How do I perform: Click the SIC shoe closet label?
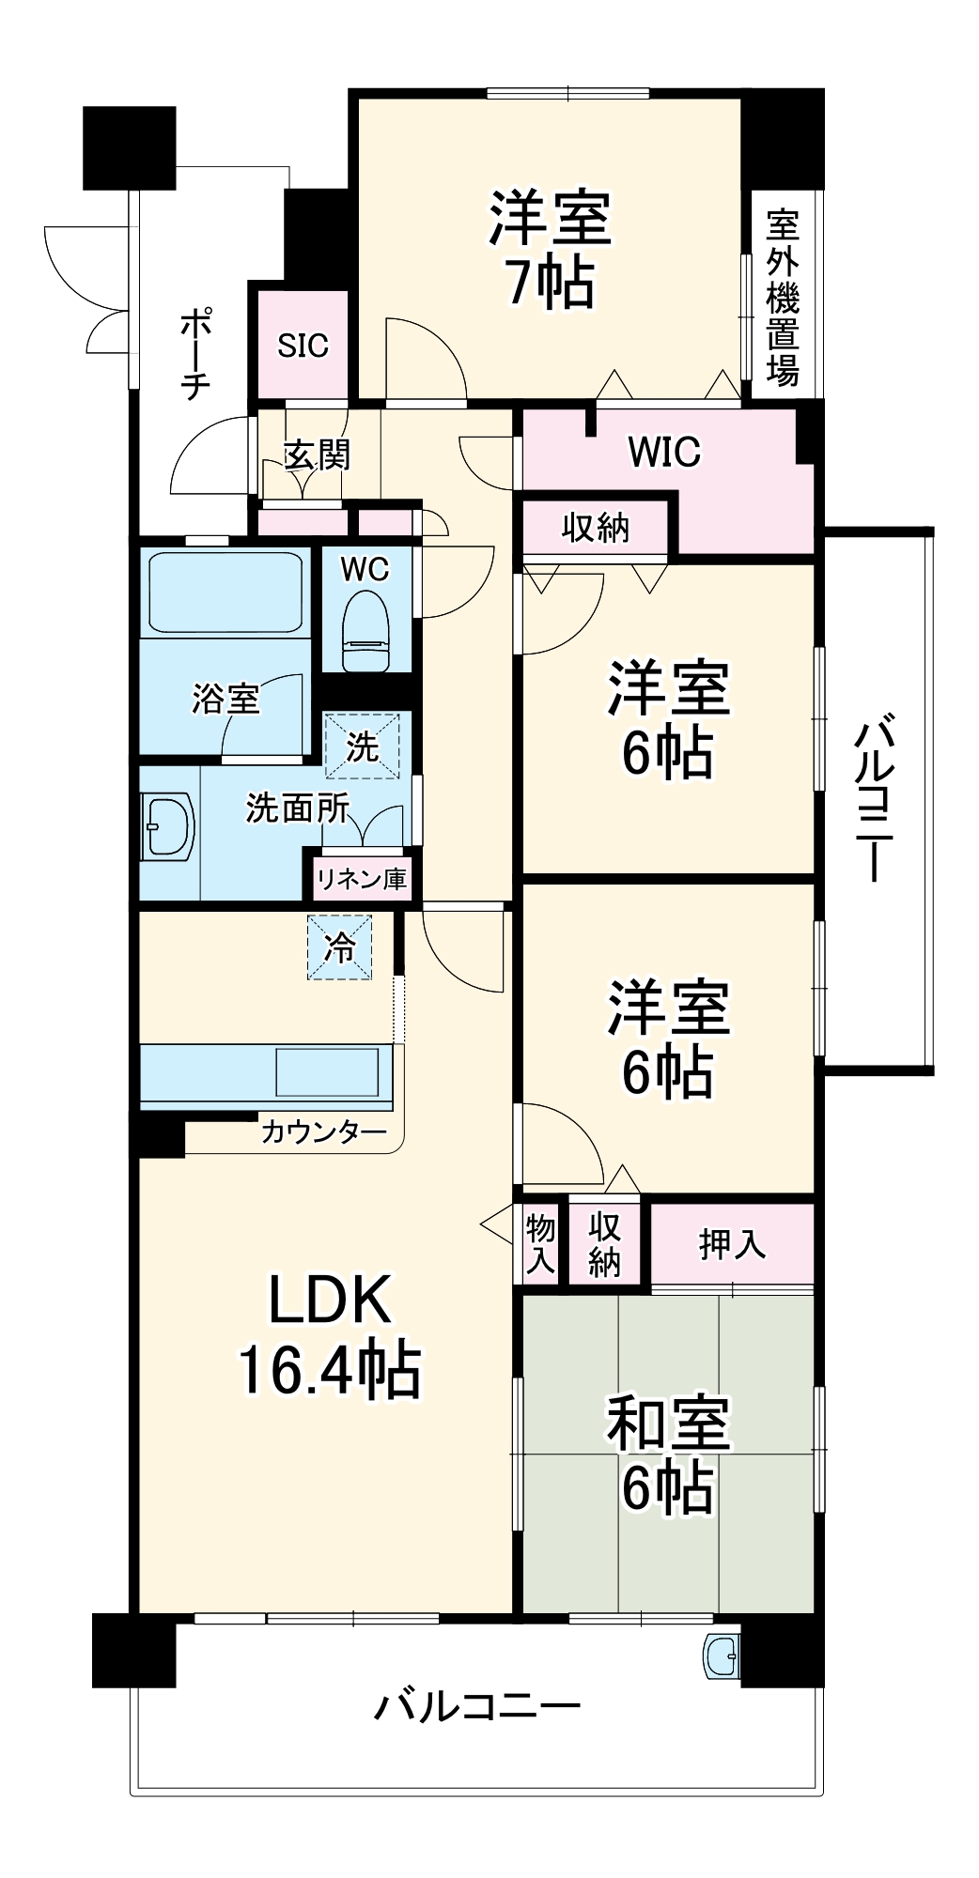click(x=303, y=346)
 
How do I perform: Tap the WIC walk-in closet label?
click(x=664, y=452)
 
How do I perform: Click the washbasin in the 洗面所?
click(x=167, y=825)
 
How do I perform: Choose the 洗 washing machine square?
click(x=363, y=747)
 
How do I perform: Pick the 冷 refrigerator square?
click(x=340, y=947)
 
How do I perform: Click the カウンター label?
click(x=323, y=1131)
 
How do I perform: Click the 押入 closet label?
click(x=732, y=1244)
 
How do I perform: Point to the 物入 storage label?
click(x=540, y=1243)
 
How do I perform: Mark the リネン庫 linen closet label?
click(x=361, y=878)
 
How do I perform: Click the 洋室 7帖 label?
click(x=551, y=250)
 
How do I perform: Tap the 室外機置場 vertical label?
click(x=783, y=298)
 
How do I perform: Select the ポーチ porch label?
click(x=195, y=355)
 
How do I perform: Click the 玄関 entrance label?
click(x=317, y=454)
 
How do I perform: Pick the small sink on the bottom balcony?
click(x=722, y=1657)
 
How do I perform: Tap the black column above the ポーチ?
click(x=130, y=148)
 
